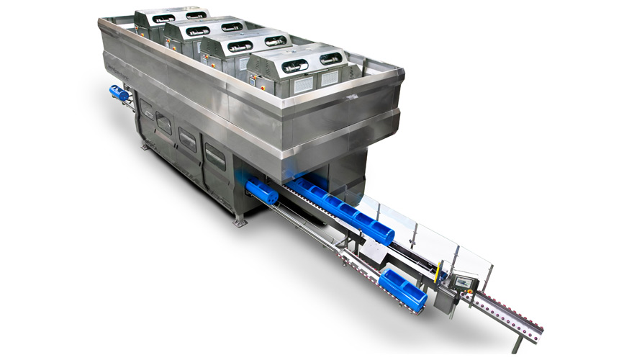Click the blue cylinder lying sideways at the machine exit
click(261, 192)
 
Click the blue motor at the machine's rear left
click(119, 93)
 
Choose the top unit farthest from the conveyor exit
click(170, 20)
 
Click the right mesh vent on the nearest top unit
click(330, 76)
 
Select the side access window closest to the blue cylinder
click(215, 156)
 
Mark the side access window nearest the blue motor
click(148, 110)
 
